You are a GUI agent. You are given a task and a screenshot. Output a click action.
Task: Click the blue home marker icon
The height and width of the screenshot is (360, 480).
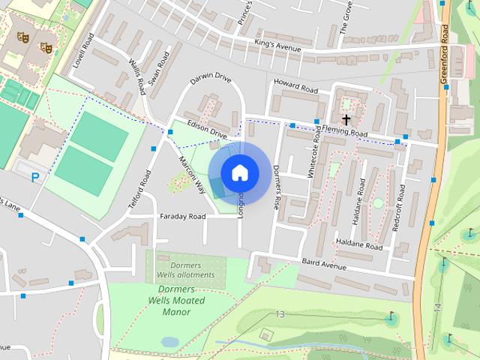click(239, 172)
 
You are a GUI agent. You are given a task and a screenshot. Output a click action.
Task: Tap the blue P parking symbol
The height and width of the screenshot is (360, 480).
click(34, 177)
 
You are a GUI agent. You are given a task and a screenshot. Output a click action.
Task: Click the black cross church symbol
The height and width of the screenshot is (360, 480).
click(346, 119)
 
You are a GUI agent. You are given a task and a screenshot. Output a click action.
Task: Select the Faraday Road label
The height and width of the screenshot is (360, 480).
click(182, 216)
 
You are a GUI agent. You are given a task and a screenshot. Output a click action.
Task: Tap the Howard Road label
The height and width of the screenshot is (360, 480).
click(295, 85)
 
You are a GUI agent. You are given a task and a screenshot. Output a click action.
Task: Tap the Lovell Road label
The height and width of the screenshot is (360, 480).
click(82, 52)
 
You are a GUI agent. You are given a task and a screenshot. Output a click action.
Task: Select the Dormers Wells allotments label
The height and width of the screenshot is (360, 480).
click(185, 270)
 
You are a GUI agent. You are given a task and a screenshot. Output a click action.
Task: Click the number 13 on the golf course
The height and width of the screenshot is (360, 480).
click(280, 313)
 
